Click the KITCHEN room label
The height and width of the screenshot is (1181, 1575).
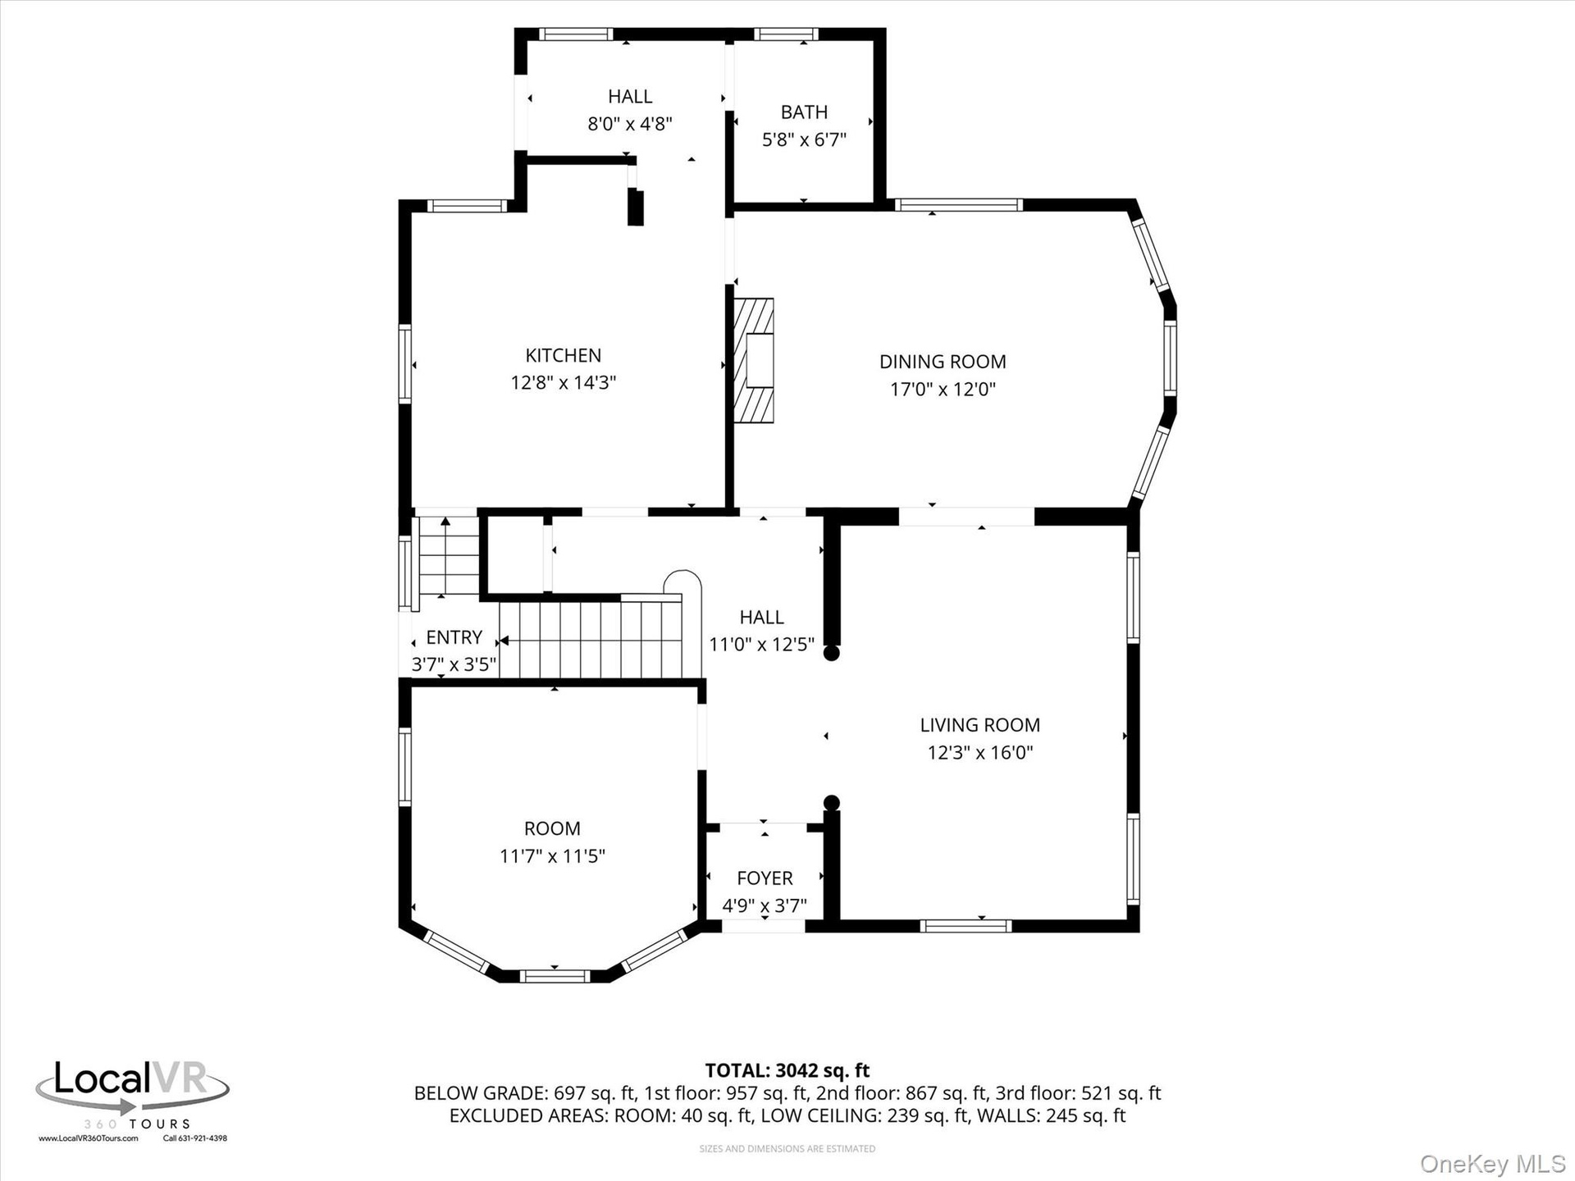(563, 355)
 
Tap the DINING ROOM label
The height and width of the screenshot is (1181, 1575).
(943, 362)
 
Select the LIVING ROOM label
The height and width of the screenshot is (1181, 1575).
(979, 725)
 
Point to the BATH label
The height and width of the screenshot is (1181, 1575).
(804, 112)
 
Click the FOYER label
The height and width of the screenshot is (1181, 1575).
(765, 878)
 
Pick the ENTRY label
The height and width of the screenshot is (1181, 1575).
(454, 637)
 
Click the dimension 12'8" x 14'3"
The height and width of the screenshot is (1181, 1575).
(563, 383)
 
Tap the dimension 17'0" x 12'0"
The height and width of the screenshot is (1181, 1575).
(943, 389)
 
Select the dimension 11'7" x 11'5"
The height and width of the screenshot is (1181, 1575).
(552, 856)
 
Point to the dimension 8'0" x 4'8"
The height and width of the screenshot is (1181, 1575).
(630, 124)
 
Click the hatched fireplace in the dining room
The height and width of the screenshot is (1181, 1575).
(754, 360)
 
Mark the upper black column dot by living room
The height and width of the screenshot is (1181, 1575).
(831, 653)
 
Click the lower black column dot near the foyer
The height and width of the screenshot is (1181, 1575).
(831, 802)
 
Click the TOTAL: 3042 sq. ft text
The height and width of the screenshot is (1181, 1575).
(787, 1070)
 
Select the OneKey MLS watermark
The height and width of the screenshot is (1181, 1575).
(1493, 1164)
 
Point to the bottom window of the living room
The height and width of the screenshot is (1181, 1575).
(966, 926)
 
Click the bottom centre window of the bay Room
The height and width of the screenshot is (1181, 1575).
(555, 976)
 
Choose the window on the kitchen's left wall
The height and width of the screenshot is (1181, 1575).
(404, 364)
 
